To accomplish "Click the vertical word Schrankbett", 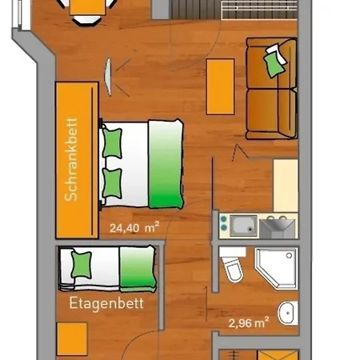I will tap(73, 161).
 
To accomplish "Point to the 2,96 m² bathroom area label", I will tap(249, 323).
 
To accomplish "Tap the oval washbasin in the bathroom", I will tap(286, 311).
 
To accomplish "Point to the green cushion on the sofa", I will tap(274, 59).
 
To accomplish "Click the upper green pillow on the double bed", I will tap(112, 143).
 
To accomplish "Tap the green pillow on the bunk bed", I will tap(81, 262).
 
